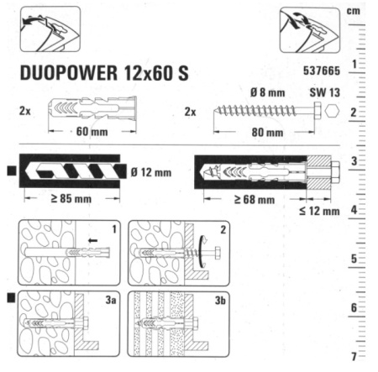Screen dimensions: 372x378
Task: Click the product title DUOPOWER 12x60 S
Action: tap(102, 74)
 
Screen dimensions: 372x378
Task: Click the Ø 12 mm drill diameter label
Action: tap(151, 172)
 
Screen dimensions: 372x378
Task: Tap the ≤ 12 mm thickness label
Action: tap(319, 212)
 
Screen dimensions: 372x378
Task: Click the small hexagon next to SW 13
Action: tap(333, 111)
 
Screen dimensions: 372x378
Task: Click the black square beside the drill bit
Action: tap(10, 172)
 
